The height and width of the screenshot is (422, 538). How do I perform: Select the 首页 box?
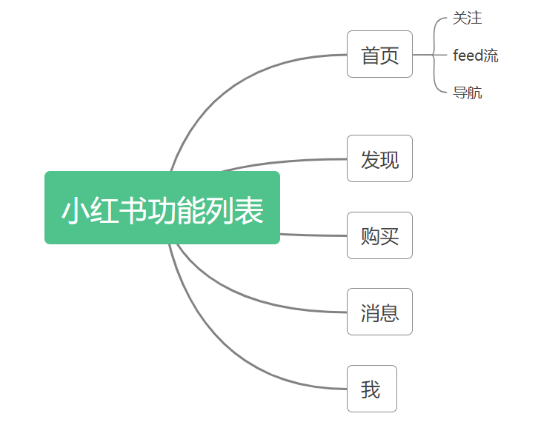point(379,55)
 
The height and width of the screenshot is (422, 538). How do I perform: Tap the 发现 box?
point(379,158)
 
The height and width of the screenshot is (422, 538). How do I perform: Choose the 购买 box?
point(379,235)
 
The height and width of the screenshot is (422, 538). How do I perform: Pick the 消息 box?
point(379,312)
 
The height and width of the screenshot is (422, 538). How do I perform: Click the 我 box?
point(371,389)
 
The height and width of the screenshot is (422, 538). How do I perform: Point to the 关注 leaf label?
point(468,19)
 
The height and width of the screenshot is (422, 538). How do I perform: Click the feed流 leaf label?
point(476,56)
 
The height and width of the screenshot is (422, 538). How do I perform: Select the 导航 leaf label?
point(468,93)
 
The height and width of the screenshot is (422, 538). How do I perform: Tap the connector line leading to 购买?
point(311,235)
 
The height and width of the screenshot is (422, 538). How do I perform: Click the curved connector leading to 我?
point(222,355)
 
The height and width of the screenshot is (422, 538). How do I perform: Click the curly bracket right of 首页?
point(435,55)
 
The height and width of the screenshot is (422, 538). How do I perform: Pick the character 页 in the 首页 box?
point(390,56)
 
